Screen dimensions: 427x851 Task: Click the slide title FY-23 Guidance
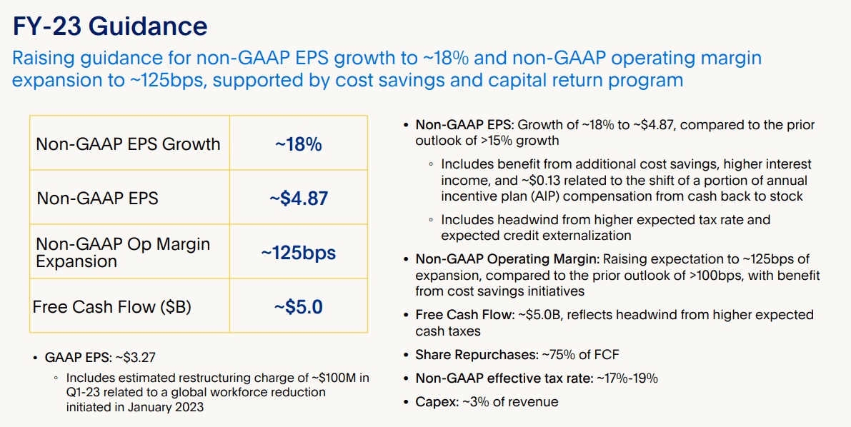(x=110, y=27)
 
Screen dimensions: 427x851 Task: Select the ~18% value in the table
(x=298, y=144)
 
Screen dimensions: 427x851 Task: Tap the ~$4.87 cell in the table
(x=298, y=198)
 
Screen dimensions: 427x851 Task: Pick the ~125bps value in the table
(x=298, y=253)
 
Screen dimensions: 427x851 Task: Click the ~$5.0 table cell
(x=298, y=307)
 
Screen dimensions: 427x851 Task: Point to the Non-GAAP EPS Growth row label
(x=128, y=144)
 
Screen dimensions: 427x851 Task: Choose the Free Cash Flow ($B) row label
(x=111, y=307)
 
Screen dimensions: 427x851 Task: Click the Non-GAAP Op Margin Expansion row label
(x=123, y=253)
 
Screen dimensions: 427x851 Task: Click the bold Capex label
(x=435, y=402)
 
